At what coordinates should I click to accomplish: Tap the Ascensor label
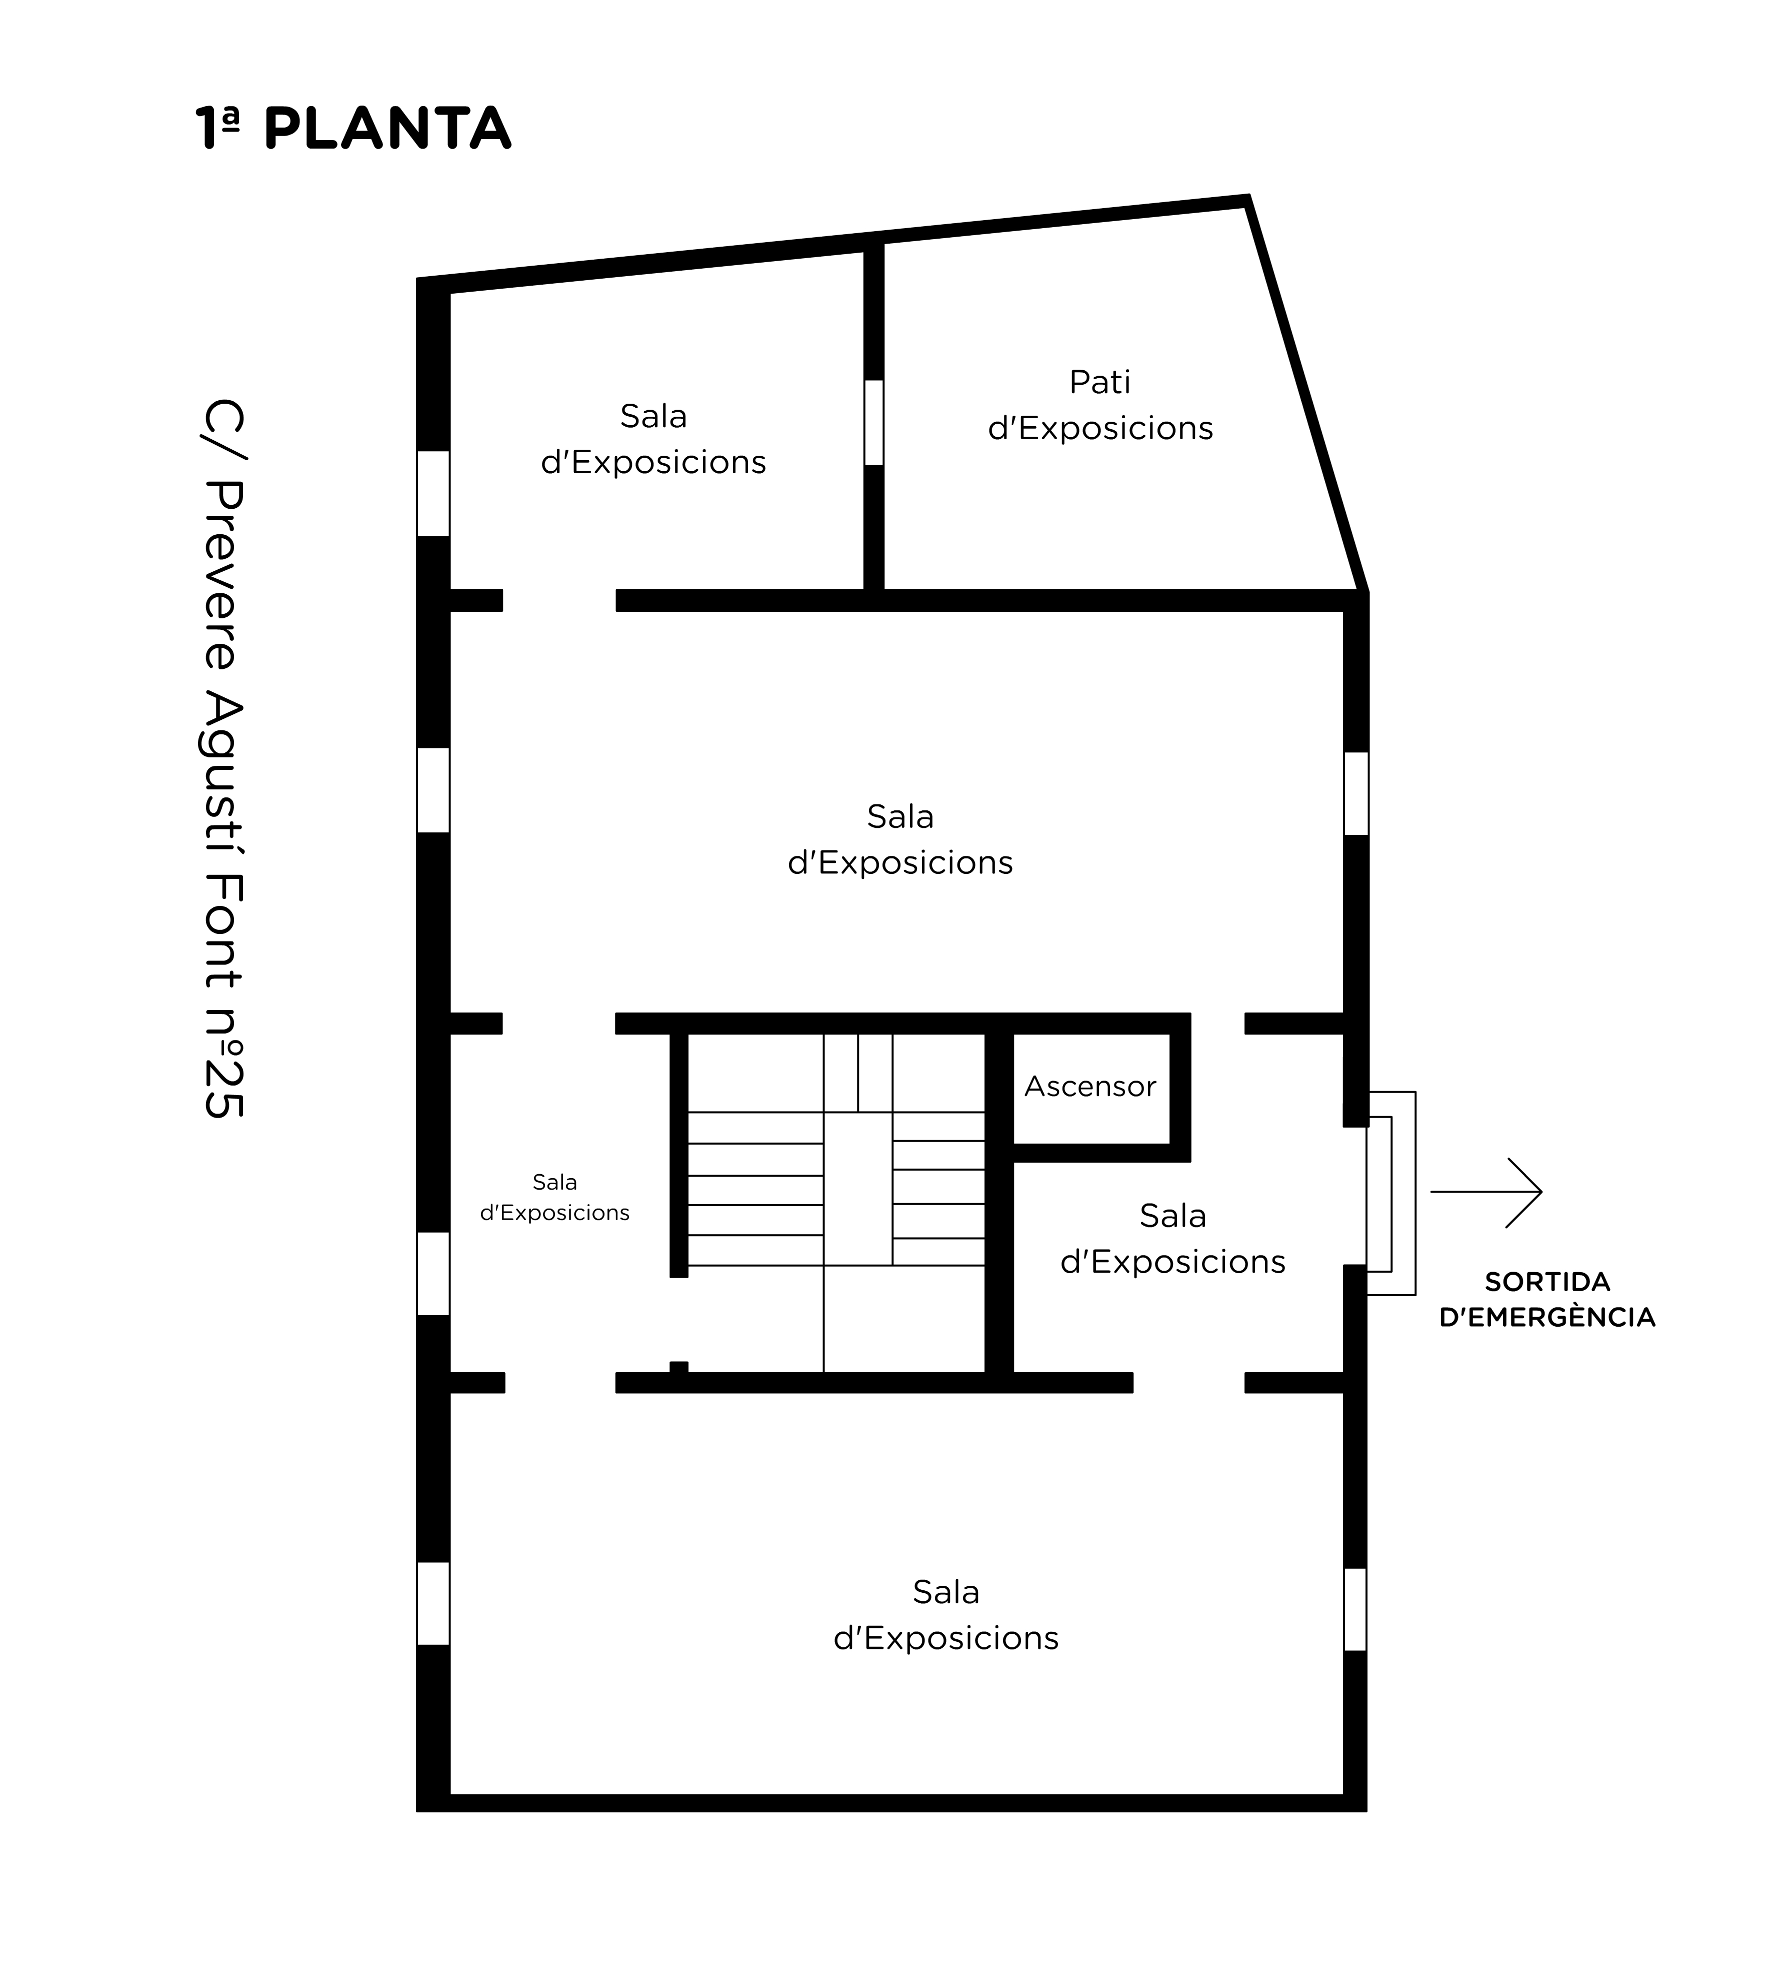pyautogui.click(x=1090, y=1087)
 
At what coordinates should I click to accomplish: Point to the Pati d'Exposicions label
pyautogui.click(x=1100, y=405)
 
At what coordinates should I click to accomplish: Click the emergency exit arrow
pyautogui.click(x=1486, y=1193)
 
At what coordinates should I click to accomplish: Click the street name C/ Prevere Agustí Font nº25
pyautogui.click(x=224, y=759)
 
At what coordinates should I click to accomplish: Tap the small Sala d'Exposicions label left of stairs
pyautogui.click(x=554, y=1197)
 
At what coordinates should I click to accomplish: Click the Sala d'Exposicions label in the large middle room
pyautogui.click(x=900, y=839)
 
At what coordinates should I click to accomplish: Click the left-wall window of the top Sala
pyautogui.click(x=433, y=494)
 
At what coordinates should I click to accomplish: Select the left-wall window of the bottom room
pyautogui.click(x=433, y=1603)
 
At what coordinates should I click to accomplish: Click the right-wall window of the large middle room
pyautogui.click(x=1355, y=793)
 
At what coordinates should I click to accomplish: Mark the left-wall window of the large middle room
pyautogui.click(x=433, y=790)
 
